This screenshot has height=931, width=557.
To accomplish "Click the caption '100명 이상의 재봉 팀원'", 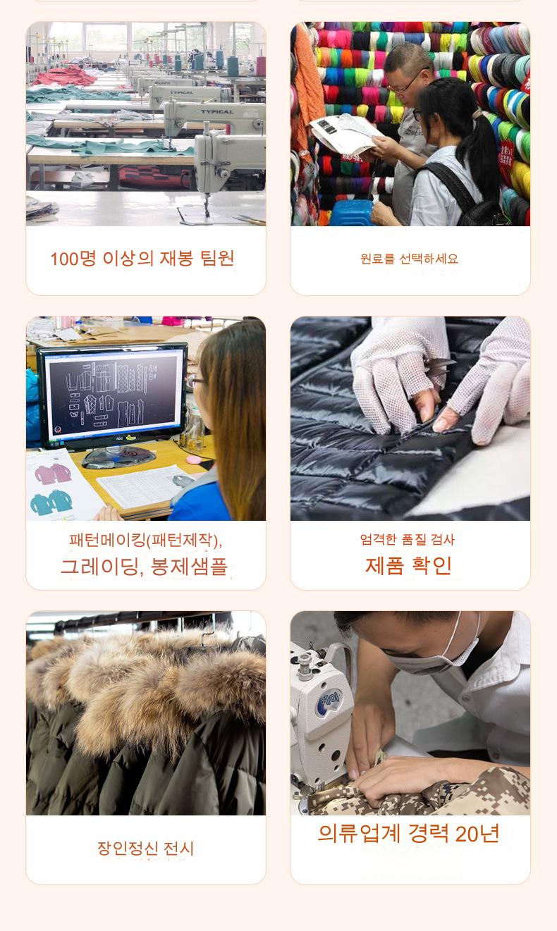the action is click(142, 258).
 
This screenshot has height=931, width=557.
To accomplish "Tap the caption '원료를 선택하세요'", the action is click(410, 259).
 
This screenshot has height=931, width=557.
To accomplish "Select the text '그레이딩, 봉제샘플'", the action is click(144, 566).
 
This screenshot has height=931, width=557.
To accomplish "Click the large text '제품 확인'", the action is click(408, 566).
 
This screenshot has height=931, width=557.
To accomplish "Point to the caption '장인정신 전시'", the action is click(145, 848).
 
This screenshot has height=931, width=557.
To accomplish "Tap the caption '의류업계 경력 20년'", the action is click(408, 833).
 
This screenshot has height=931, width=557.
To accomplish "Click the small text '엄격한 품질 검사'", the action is click(408, 539).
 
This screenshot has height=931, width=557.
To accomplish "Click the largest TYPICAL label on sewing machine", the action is click(217, 112).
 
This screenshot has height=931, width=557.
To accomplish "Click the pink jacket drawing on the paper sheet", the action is click(53, 474).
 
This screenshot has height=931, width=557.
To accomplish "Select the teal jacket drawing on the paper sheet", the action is click(51, 502).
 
